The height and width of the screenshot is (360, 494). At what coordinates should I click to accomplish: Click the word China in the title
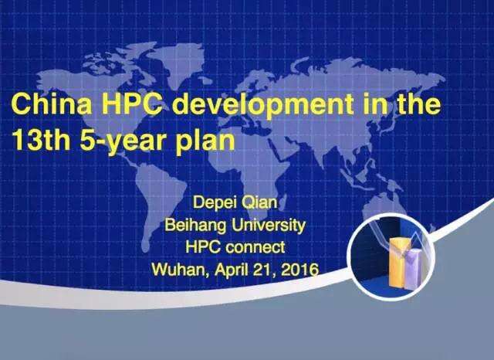pyautogui.click(x=52, y=104)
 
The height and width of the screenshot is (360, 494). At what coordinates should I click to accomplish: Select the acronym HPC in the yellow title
pyautogui.click(x=135, y=104)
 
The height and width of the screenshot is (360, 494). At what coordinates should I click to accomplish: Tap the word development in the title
pyautogui.click(x=263, y=104)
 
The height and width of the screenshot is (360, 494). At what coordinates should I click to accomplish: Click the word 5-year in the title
pyautogui.click(x=123, y=141)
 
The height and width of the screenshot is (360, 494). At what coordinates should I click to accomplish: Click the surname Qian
pyautogui.click(x=259, y=202)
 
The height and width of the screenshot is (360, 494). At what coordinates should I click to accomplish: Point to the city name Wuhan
pyautogui.click(x=181, y=270)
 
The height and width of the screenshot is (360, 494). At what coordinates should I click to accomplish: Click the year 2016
pyautogui.click(x=299, y=270)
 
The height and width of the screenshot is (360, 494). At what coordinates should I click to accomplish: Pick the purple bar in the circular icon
pyautogui.click(x=414, y=269)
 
